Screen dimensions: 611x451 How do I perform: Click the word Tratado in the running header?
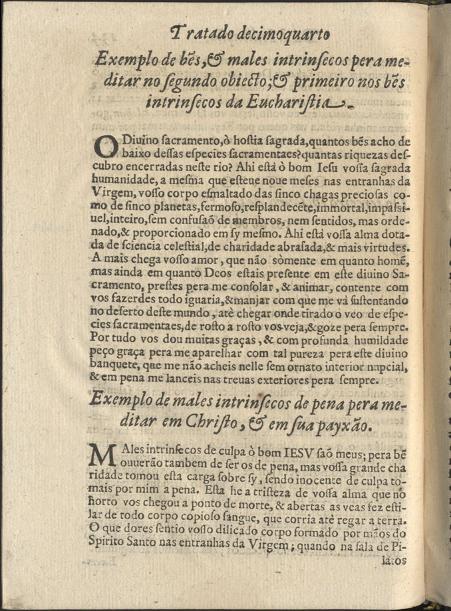pyautogui.click(x=195, y=31)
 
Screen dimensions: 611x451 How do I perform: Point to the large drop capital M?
pyautogui.click(x=104, y=457)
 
